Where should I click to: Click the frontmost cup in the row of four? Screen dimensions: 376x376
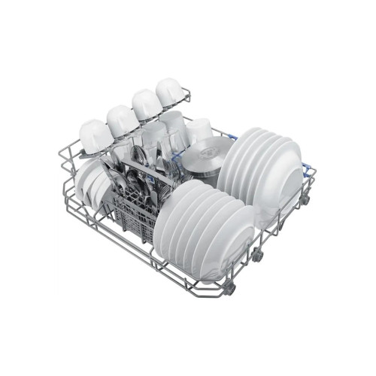point(96,136)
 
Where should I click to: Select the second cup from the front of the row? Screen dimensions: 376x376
point(122,120)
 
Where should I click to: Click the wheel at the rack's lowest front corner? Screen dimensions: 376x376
point(229,288)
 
